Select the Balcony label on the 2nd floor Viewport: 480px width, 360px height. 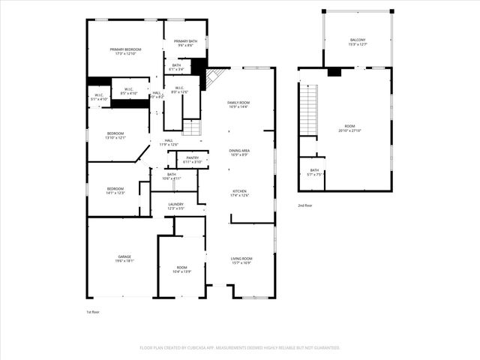358,42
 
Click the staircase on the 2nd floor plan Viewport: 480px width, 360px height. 307,109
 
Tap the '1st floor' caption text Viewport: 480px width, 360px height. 93,311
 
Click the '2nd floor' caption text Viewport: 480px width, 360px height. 304,205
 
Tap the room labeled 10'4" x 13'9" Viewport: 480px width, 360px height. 181,269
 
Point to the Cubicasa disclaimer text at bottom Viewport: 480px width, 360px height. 240,348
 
